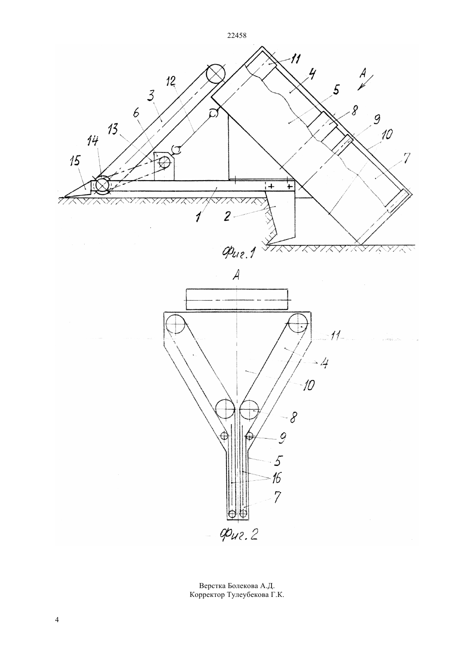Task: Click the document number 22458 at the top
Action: point(237,36)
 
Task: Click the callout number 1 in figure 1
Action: point(199,217)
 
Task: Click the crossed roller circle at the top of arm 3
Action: point(215,74)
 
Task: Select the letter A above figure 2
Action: point(237,275)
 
